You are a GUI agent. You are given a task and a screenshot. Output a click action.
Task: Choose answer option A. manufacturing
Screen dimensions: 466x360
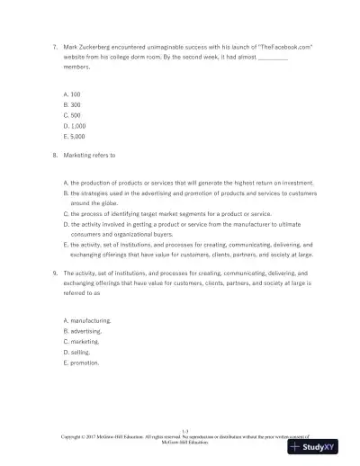coord(87,320)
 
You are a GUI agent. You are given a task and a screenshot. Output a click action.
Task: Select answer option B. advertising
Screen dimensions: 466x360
coord(85,331)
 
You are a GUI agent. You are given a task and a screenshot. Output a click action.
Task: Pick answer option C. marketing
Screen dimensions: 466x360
coord(84,342)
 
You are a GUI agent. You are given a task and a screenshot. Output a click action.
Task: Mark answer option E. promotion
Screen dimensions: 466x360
coord(83,363)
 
